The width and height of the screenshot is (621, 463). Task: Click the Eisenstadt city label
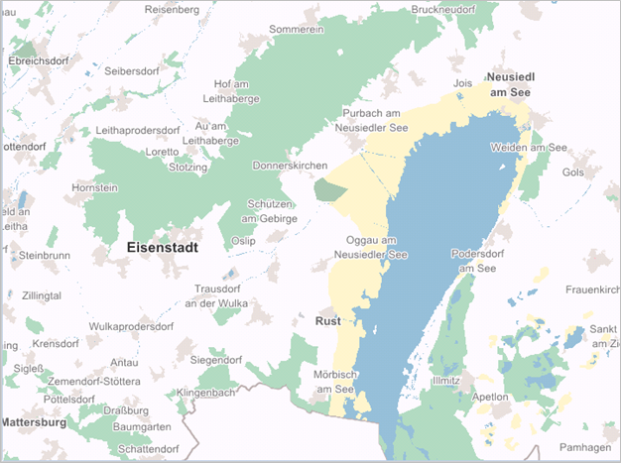(x=164, y=247)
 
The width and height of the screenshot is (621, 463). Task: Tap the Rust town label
(x=327, y=321)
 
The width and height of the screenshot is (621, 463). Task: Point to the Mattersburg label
(x=33, y=421)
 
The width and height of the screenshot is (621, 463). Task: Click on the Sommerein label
(x=297, y=30)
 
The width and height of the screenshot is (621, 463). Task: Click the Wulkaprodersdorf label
(x=131, y=325)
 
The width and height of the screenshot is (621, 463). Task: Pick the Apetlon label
(x=489, y=397)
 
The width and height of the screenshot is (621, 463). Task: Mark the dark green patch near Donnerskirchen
(x=327, y=187)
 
